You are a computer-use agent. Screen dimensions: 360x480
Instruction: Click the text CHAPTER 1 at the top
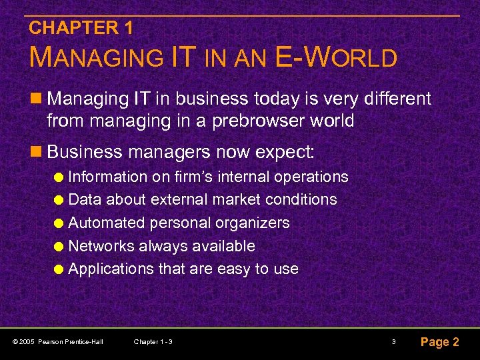(81, 28)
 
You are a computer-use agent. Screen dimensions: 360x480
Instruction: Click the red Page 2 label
(439, 342)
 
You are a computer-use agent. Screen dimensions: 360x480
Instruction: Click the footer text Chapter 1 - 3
(153, 342)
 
